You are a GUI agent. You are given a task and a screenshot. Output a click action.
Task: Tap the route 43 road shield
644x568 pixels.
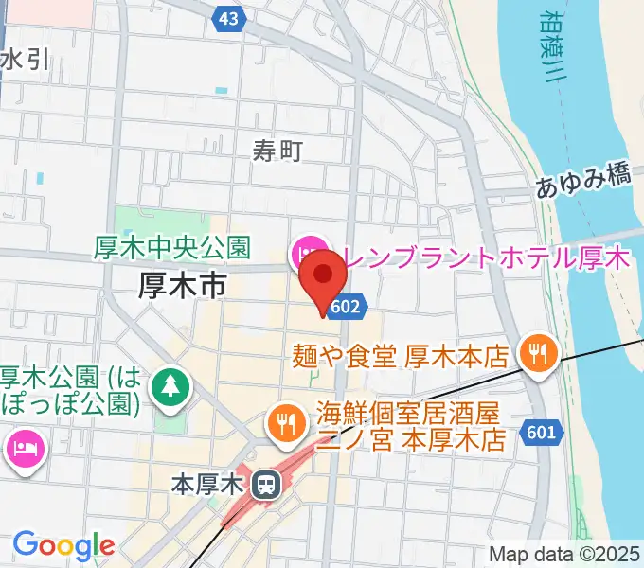tap(227, 18)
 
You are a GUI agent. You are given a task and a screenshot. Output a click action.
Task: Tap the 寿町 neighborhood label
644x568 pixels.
tap(277, 150)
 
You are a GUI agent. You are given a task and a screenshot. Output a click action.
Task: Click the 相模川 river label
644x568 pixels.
tap(551, 47)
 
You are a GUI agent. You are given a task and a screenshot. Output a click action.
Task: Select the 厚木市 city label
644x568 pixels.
tap(182, 283)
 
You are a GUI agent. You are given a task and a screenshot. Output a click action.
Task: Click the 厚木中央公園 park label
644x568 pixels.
tap(172, 248)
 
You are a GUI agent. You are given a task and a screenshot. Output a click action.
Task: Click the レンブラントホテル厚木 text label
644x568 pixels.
tap(486, 257)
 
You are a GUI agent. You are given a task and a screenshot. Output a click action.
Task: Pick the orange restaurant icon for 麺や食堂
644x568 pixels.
tap(537, 356)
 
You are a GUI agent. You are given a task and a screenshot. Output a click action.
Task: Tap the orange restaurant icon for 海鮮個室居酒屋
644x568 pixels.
tap(285, 422)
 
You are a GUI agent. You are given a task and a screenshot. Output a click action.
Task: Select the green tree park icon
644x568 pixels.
tap(170, 385)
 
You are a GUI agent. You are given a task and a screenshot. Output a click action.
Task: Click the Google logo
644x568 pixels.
tap(63, 544)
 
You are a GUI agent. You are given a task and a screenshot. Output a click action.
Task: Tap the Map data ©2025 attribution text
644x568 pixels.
tap(565, 555)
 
